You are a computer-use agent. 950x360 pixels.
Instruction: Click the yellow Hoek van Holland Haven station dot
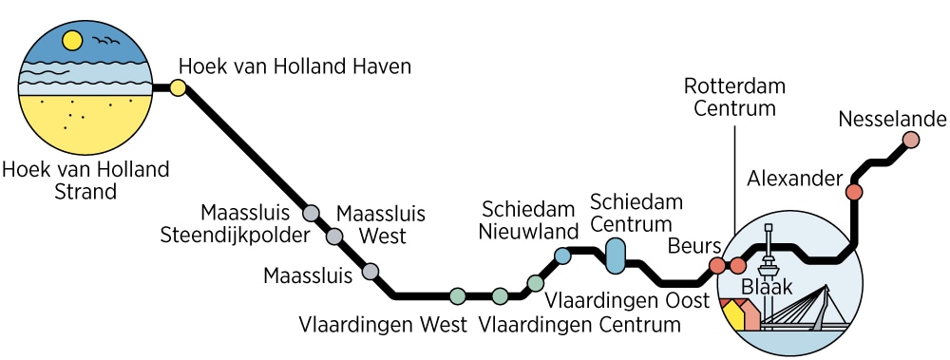178,89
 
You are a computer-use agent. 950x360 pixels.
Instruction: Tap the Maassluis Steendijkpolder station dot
311,213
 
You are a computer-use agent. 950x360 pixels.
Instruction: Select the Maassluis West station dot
334,236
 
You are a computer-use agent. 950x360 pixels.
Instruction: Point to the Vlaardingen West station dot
457,295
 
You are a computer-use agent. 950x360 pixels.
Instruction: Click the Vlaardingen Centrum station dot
500,295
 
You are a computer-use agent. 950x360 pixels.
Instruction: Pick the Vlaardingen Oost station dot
535,283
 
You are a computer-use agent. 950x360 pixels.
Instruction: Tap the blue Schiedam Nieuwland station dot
562,256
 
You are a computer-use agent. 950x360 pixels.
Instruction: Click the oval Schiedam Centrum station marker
616,255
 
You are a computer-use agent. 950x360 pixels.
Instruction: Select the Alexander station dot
854,192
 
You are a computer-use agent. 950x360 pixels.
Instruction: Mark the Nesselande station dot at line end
910,141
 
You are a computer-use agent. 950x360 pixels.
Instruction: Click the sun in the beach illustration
71,41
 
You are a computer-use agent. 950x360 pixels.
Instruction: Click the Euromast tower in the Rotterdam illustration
769,251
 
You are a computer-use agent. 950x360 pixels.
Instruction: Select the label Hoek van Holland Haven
295,66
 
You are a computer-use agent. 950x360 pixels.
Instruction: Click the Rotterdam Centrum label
734,97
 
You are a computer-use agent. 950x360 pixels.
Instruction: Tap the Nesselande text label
893,119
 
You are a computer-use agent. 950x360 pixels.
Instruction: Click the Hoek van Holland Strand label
85,180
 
